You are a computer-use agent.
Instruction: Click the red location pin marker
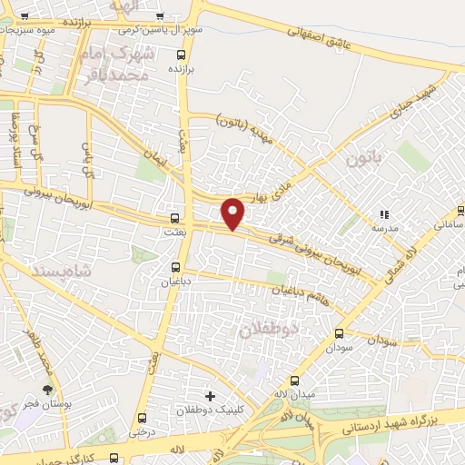(233, 213)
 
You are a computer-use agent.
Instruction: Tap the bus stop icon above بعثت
(175, 218)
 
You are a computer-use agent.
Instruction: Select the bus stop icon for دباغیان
(176, 267)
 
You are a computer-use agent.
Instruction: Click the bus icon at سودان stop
(340, 333)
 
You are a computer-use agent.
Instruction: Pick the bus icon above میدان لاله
(293, 381)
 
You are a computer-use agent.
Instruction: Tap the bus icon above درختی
(143, 419)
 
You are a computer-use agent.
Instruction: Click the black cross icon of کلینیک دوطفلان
(211, 396)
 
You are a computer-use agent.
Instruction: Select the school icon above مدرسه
(385, 215)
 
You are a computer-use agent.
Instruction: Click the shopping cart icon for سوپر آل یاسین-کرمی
(159, 16)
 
